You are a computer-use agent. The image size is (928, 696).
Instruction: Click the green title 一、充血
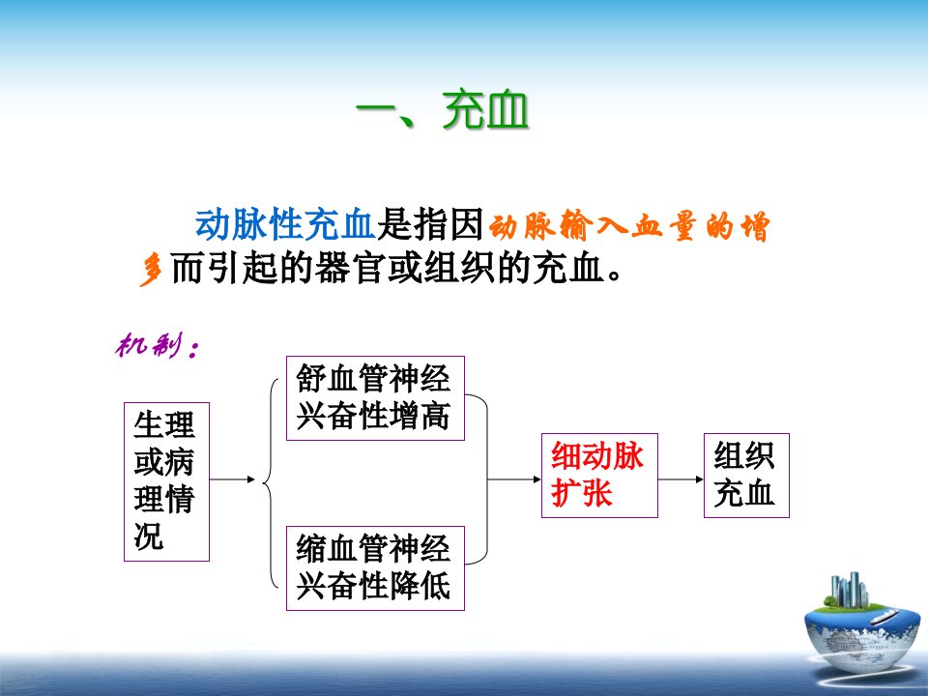point(442,109)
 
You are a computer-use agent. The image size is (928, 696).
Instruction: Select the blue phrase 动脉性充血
point(286,225)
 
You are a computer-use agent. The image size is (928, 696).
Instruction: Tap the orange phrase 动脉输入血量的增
point(629,226)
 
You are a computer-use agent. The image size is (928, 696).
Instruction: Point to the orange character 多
point(151,271)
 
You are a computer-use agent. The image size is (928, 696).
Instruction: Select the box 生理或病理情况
point(166,481)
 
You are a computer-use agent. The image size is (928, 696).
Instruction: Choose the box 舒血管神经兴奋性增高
point(375,398)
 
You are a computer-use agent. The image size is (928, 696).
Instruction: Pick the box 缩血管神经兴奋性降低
point(375,568)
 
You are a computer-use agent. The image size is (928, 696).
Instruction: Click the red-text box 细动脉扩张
point(599,476)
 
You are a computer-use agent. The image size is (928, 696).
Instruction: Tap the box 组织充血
point(746,476)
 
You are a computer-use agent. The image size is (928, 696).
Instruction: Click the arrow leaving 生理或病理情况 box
point(233,478)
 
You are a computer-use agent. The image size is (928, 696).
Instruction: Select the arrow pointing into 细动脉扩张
point(514,478)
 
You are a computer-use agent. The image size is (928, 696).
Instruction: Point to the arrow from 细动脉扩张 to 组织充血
point(681,478)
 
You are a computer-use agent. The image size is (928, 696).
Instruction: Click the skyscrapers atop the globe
point(850,590)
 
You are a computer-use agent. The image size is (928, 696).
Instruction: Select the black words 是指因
point(431,225)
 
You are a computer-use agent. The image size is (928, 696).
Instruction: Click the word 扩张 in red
point(581,493)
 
